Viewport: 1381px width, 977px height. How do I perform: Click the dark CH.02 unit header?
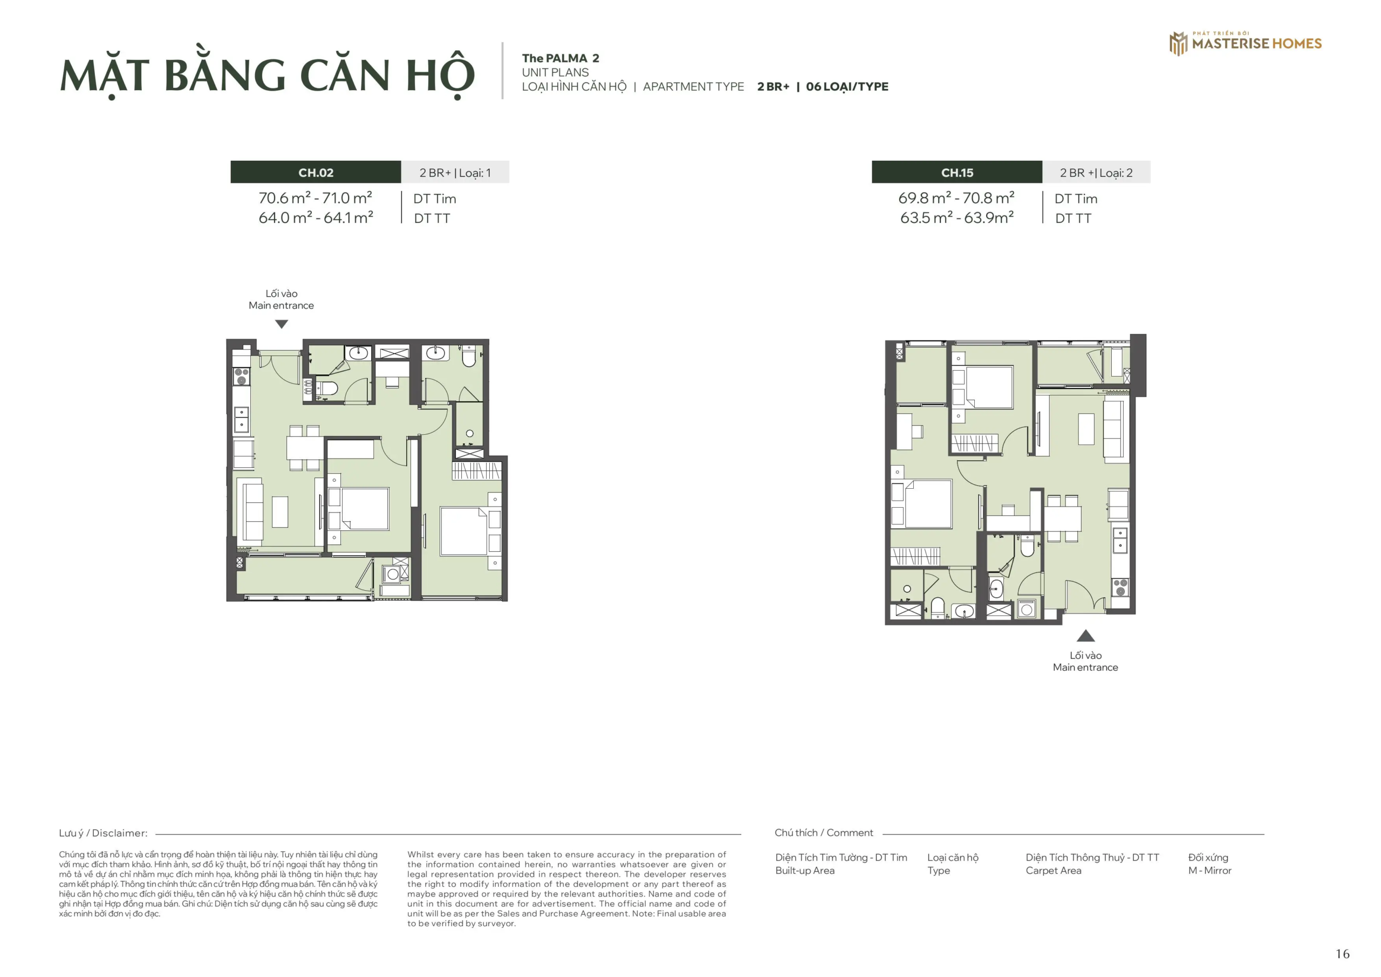(315, 172)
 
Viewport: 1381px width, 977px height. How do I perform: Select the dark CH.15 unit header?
(956, 172)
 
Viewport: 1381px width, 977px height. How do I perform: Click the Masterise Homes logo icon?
(1178, 43)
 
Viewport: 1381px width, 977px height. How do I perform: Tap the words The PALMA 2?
(560, 58)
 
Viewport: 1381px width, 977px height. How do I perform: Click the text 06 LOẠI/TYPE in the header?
(847, 87)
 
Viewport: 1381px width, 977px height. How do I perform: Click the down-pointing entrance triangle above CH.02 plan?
(282, 324)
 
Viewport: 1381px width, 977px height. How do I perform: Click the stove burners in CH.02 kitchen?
(241, 377)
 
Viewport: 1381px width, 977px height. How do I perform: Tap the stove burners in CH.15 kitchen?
(1120, 587)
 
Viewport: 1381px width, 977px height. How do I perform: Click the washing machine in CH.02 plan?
(393, 574)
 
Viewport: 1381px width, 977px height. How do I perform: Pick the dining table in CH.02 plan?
(305, 448)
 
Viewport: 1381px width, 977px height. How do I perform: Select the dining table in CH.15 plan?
(1062, 518)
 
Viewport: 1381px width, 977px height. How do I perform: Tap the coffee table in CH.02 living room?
(279, 512)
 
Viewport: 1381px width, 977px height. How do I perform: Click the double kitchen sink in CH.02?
(241, 419)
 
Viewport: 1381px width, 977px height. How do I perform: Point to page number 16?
(1342, 954)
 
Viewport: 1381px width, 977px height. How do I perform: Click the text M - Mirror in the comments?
(1209, 871)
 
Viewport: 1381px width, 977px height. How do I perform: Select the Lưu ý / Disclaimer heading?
(103, 833)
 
